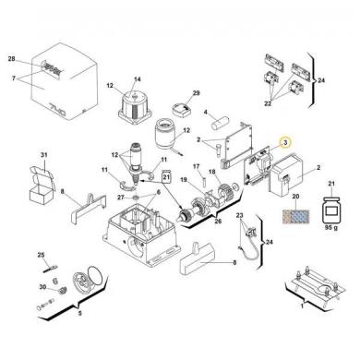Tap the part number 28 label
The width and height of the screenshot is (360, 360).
[x=12, y=59]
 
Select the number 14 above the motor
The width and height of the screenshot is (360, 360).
[x=138, y=80]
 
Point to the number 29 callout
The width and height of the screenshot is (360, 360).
[x=195, y=93]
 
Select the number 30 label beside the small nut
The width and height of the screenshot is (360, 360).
[x=41, y=288]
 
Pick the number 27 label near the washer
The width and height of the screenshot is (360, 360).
[x=122, y=198]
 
